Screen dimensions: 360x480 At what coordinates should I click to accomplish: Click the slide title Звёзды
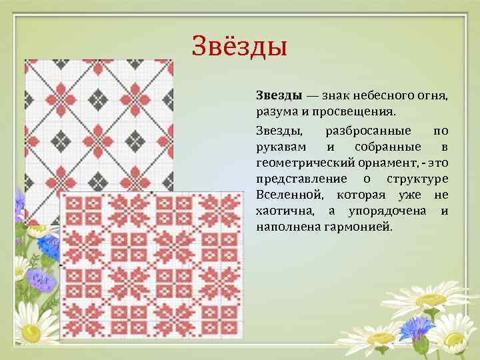point(239,46)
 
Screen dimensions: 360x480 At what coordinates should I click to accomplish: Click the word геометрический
point(300,163)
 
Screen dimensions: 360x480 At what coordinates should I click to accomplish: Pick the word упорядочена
point(387,211)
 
